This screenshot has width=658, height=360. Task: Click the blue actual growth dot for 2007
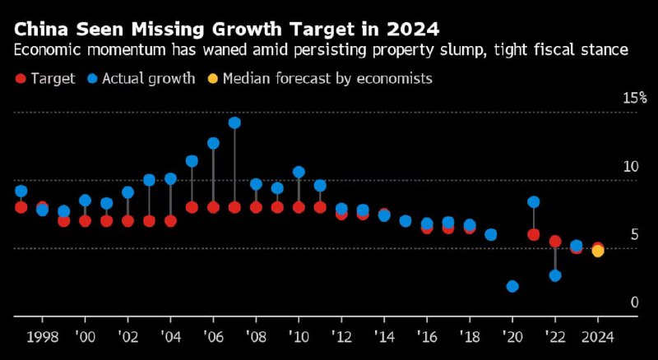(234, 123)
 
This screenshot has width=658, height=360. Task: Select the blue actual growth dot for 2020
(512, 286)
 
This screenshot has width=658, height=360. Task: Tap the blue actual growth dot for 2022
(555, 275)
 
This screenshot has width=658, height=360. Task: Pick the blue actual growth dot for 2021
(534, 202)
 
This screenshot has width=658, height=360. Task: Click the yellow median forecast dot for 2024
(598, 252)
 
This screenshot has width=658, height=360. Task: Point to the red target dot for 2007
(234, 207)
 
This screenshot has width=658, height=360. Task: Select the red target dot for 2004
(170, 220)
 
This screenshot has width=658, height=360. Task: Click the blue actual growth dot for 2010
(299, 173)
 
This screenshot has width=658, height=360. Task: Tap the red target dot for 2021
(534, 234)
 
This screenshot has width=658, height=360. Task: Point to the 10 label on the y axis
(631, 167)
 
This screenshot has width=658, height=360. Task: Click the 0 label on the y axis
(634, 302)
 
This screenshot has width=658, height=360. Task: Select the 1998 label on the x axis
(42, 337)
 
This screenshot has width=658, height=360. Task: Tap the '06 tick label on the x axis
(213, 337)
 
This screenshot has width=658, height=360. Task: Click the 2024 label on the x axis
(598, 337)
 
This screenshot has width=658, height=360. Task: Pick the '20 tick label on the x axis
(512, 337)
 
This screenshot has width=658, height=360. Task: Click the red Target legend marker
(21, 79)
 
